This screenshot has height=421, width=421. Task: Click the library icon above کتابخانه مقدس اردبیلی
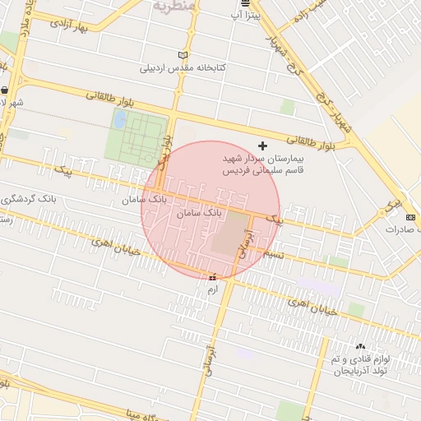[x=182, y=54]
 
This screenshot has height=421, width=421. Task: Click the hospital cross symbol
[x=262, y=146]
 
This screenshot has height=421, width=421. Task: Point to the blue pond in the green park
[x=120, y=120]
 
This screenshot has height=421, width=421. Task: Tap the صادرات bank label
[x=402, y=229]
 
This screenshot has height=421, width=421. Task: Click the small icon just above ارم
[x=214, y=277]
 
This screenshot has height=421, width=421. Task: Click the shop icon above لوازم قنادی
[x=359, y=347]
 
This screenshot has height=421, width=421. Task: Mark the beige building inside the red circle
[x=229, y=233]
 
